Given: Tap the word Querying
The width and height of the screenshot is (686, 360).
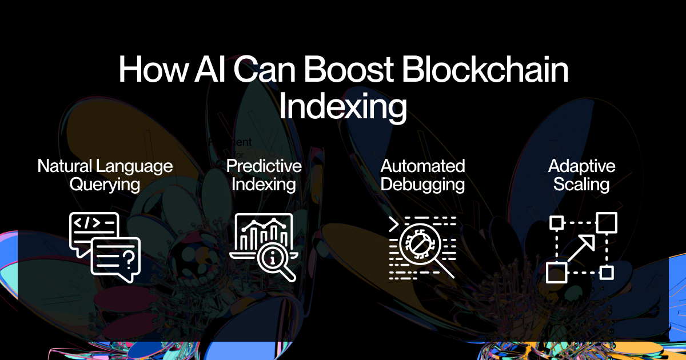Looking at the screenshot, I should coord(105,185).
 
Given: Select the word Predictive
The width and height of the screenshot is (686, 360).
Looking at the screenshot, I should coord(264,166).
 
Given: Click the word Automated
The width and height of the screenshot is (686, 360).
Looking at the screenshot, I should coord(422,166).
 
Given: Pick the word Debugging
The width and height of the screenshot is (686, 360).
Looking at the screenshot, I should coord(422,185).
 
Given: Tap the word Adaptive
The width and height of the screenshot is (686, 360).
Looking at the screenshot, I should coord(581,166).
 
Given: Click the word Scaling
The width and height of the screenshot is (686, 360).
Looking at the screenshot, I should coord(581,185).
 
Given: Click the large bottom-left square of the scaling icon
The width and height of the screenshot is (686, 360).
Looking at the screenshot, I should coord(556,273).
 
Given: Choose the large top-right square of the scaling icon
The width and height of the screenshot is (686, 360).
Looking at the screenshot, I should coord(607,222).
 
